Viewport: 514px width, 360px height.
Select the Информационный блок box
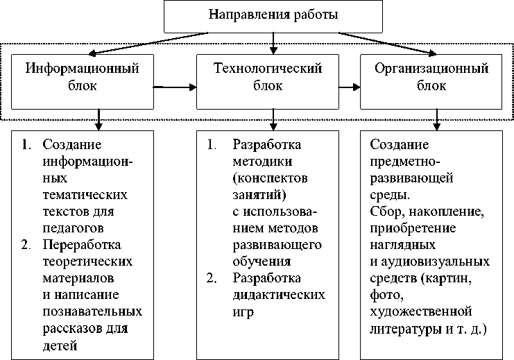click(82, 77)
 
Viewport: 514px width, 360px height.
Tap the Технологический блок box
click(268, 77)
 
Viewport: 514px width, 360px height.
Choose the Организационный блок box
click(431, 77)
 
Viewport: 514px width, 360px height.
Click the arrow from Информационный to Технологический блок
click(175, 87)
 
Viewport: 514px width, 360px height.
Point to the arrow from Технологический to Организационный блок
click(348, 87)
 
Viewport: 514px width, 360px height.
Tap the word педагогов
click(74, 227)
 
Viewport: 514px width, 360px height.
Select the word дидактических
click(279, 294)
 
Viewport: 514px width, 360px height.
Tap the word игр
click(243, 311)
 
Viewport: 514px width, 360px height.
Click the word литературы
click(406, 329)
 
